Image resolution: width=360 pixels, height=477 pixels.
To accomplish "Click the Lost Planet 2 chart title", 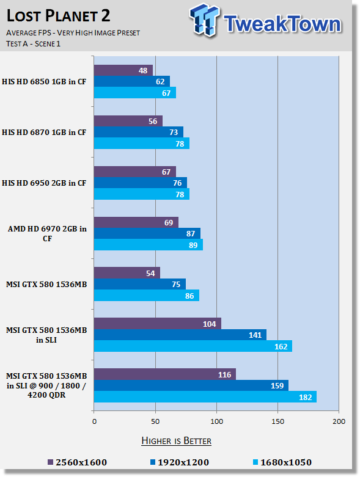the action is [58, 16].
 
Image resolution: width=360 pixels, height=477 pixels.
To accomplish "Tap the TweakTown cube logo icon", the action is [204, 20].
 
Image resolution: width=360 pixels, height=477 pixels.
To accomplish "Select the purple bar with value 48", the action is [123, 70].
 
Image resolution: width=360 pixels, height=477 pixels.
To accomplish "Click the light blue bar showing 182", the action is [205, 397].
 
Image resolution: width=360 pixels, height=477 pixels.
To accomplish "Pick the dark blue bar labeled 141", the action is [180, 335].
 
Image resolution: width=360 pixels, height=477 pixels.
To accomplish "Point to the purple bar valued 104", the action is [158, 324].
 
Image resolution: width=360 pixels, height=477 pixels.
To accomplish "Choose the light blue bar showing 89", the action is [149, 245].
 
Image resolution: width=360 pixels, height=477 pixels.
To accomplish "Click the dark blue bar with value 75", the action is [140, 284].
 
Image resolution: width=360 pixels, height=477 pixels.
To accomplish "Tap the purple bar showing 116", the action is [165, 374].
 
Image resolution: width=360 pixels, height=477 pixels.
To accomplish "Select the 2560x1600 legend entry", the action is [78, 462].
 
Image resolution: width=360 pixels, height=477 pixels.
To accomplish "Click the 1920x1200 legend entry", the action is [180, 462].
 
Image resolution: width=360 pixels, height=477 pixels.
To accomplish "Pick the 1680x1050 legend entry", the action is [282, 462].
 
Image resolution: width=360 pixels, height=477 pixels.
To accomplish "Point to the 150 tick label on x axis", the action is [278, 421].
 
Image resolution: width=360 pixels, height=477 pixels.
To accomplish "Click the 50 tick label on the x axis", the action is [155, 421].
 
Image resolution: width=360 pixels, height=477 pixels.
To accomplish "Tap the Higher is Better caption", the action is [177, 441].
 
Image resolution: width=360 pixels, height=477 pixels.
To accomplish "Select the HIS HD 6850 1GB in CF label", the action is [44, 81].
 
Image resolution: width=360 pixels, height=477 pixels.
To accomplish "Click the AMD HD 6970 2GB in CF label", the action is [47, 233].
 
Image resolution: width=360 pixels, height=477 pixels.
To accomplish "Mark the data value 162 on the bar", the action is [281, 346].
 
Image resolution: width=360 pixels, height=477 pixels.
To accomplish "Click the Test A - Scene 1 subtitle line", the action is [33, 44].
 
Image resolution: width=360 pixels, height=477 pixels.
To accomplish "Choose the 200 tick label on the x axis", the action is [339, 421].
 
